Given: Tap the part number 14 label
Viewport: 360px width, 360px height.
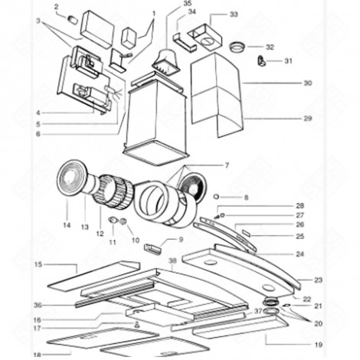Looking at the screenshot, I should [x=67, y=226].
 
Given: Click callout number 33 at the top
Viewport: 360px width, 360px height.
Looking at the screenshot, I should [x=234, y=15].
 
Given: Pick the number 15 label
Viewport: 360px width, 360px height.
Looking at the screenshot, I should [x=38, y=264].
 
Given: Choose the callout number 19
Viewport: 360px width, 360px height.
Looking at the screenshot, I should [x=318, y=345].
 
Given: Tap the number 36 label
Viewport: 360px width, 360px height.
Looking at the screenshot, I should [x=38, y=305].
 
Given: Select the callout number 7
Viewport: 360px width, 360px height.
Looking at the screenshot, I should [x=226, y=165].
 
